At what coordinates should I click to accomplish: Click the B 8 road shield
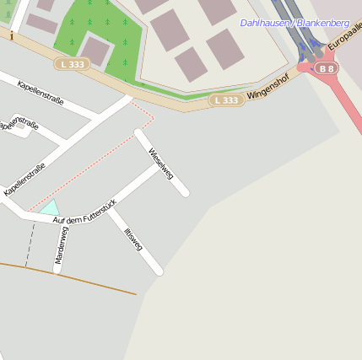coord(326,67)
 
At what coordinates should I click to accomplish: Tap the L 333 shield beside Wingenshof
coord(226,99)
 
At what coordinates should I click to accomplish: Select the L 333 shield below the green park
coord(72,63)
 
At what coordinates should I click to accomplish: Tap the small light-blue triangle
coord(50,207)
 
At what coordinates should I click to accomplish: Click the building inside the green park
coord(95,51)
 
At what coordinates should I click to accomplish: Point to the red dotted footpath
coord(93,161)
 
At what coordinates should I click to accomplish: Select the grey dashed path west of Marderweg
coord(30,244)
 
